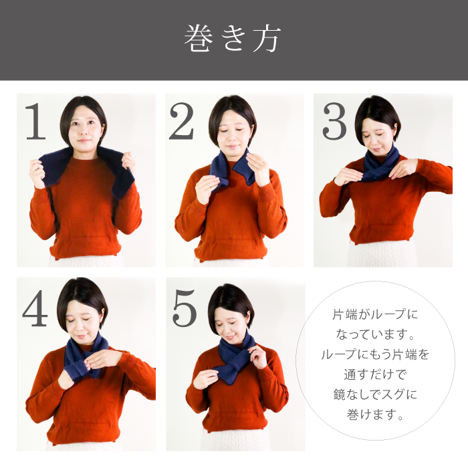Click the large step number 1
(36, 121)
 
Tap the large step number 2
(181, 121)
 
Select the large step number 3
(334, 121)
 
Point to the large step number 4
(35, 308)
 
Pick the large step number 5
(185, 308)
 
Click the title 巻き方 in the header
(233, 39)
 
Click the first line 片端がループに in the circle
(375, 315)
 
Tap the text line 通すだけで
(375, 374)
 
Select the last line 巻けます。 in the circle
(375, 415)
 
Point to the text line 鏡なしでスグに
(375, 394)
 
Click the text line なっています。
(375, 334)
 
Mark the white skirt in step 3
(382, 253)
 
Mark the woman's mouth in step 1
(84, 140)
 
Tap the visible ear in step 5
(248, 316)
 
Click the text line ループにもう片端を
(375, 354)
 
